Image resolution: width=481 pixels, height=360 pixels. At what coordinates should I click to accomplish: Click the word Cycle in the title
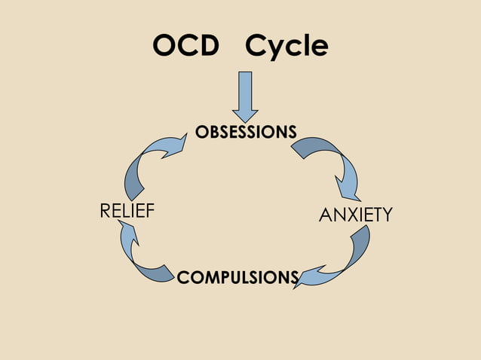coord(287,47)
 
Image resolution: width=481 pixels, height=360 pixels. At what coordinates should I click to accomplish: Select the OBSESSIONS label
coord(246,133)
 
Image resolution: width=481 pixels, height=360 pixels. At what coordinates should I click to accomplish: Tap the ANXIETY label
coord(356,215)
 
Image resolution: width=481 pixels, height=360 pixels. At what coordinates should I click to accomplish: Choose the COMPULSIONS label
coord(237,278)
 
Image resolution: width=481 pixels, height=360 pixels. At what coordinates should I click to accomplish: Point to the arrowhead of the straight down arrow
coord(246,116)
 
